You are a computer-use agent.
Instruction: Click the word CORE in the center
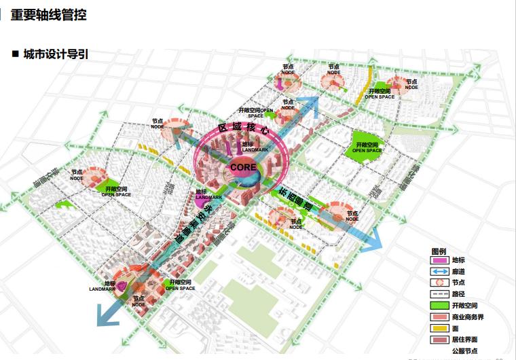(x=242, y=166)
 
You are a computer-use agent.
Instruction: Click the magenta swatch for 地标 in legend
(x=440, y=260)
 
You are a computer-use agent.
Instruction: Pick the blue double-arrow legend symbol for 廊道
(x=440, y=272)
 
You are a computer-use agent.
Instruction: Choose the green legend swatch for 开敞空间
(x=440, y=306)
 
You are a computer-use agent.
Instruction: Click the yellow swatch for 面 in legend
(x=440, y=329)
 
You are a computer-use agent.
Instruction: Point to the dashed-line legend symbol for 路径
(x=440, y=295)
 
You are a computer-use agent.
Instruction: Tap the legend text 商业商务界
(x=467, y=318)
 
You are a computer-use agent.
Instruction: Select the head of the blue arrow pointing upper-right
(x=314, y=101)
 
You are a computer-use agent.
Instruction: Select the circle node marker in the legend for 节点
(x=440, y=283)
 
